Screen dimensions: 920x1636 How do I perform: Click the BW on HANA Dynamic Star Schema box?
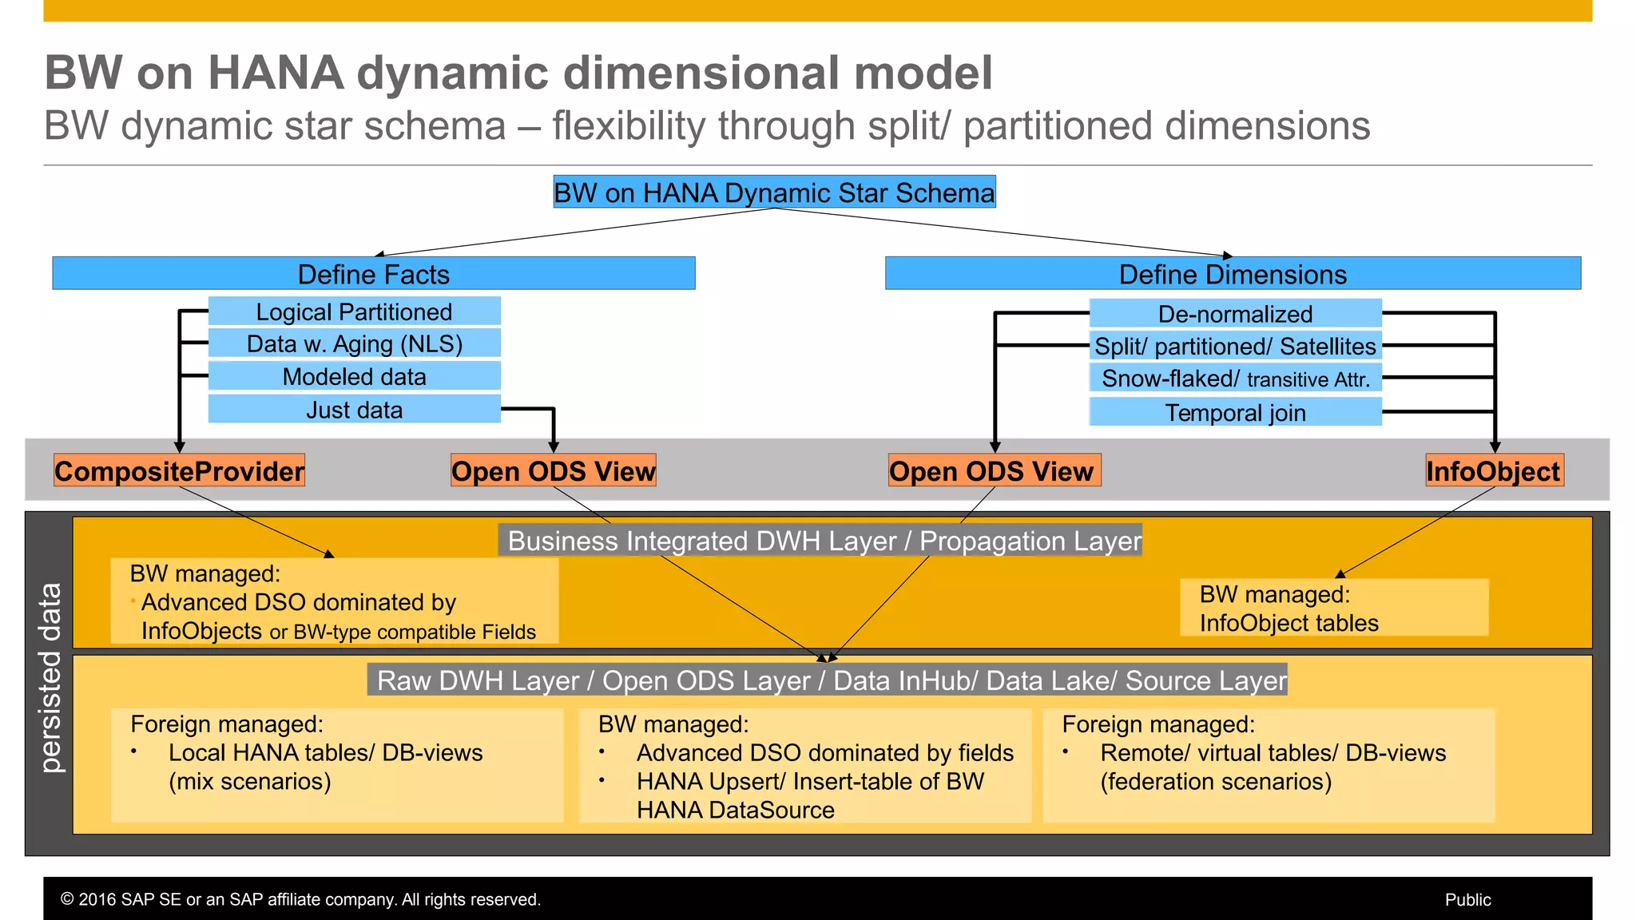[774, 192]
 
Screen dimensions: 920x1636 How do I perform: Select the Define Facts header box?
[373, 274]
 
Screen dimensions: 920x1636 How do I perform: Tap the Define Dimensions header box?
[1233, 274]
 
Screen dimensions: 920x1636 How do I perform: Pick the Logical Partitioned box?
[354, 311]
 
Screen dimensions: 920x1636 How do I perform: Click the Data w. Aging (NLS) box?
[354, 343]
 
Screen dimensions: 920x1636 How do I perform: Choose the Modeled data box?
[354, 376]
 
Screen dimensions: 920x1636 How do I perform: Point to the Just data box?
[354, 410]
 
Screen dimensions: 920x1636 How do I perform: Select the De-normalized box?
[1235, 314]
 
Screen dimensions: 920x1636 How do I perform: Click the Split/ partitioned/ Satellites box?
[1235, 346]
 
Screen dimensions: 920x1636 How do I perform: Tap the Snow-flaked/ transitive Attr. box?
[1235, 379]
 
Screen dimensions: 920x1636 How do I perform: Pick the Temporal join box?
[1235, 412]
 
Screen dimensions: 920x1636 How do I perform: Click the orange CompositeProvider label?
[179, 470]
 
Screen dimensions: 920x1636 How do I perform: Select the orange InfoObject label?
[1494, 470]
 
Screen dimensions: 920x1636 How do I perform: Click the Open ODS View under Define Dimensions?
[994, 470]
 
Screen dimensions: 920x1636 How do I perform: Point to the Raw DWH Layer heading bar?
[828, 680]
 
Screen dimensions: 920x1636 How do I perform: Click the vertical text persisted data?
[50, 678]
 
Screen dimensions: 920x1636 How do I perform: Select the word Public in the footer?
[1467, 899]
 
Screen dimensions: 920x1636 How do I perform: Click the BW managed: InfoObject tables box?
[1333, 608]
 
